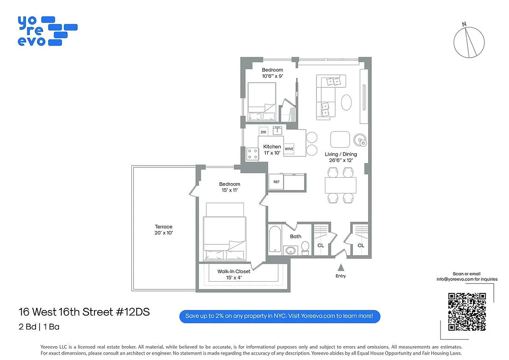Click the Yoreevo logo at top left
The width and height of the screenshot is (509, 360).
[x=47, y=31]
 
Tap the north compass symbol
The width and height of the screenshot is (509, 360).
[x=469, y=41]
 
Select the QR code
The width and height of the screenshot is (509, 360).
[x=467, y=311]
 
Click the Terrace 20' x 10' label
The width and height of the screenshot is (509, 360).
[x=163, y=229]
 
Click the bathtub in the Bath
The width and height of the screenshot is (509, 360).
[x=275, y=239]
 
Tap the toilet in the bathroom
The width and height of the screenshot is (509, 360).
[x=305, y=247]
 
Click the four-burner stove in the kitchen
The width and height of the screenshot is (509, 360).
[x=252, y=154]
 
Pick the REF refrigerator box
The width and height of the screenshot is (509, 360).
[x=276, y=182]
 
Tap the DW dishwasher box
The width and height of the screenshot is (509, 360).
[x=264, y=131]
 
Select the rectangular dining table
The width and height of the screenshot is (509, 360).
[x=340, y=185]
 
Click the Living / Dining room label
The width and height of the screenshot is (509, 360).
[x=341, y=157]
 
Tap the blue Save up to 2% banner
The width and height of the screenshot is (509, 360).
[x=279, y=316]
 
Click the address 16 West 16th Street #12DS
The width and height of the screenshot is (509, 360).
[x=84, y=312]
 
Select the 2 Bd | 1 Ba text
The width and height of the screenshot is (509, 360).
[x=39, y=327]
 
